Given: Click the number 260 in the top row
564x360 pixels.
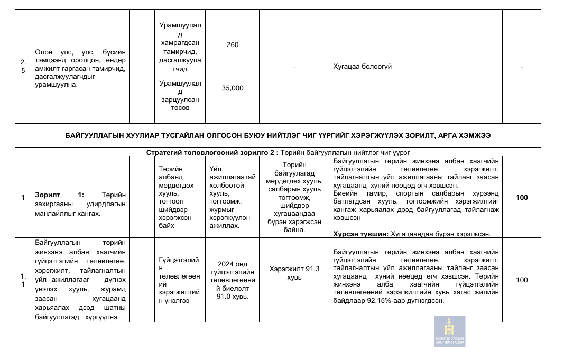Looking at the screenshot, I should click(233, 45).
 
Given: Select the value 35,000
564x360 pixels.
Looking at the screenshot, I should click(233, 88).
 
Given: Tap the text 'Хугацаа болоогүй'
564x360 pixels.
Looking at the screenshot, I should click(363, 67).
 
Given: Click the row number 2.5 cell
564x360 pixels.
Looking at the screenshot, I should click(23, 67).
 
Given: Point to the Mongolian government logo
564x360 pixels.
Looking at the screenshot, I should click(449, 331).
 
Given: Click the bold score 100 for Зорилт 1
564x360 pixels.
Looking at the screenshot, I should click(522, 197).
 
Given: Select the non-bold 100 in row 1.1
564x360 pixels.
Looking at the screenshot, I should click(522, 280).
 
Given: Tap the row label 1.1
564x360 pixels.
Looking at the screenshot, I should click(23, 280).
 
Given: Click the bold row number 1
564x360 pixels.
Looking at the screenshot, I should click(23, 197).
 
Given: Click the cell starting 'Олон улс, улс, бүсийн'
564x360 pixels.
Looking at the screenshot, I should click(80, 67).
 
